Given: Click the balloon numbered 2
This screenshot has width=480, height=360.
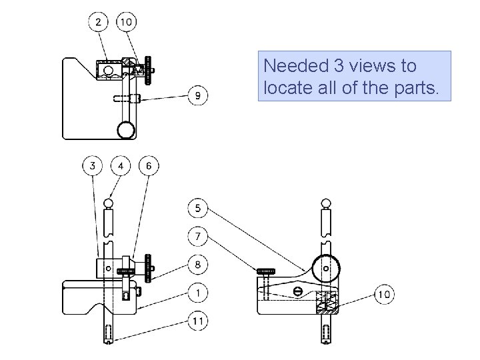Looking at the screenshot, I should point(99,23).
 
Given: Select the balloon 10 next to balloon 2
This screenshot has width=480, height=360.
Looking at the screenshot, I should point(126,23).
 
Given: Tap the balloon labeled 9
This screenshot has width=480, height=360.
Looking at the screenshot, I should point(198,96).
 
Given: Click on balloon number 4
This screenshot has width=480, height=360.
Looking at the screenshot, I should point(120,165).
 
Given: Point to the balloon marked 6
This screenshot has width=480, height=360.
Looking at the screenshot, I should point(149,165).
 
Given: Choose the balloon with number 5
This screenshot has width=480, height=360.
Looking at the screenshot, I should point(198,208).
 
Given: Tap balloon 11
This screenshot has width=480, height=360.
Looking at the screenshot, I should point(198,321).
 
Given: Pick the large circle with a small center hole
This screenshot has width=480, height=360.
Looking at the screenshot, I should point(325,267).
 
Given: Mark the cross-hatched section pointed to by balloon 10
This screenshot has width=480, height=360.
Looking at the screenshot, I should point(327,303).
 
